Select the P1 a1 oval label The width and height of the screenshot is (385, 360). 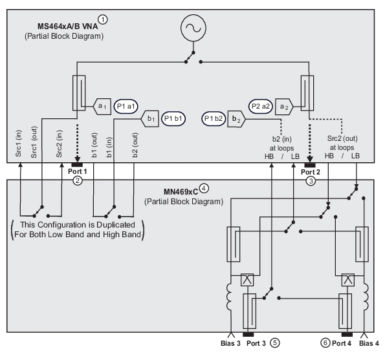tap(126, 107)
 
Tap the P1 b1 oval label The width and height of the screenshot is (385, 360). tap(173, 119)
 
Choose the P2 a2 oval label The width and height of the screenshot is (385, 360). tap(261, 107)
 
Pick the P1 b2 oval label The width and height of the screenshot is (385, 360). tap(214, 119)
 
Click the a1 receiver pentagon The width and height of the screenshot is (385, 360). tap(102, 107)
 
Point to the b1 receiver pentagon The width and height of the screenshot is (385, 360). tap(149, 119)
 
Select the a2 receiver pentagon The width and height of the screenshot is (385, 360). tap(284, 107)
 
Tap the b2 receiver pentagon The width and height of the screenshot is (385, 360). tap(236, 119)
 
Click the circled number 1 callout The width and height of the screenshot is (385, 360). tap(103, 19)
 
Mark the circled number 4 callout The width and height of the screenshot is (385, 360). tap(204, 188)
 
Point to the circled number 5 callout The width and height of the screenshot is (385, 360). tap(275, 343)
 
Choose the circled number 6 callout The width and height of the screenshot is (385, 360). tap(325, 343)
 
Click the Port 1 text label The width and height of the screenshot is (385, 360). tap(78, 171)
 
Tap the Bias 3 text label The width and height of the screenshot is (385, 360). tap(230, 343)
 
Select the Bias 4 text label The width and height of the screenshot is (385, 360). tap(369, 343)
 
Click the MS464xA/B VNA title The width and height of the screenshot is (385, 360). tap(67, 26)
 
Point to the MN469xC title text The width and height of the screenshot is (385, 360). tap(181, 192)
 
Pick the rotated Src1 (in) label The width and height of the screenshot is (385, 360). tap(18, 143)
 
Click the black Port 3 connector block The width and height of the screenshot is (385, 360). tap(248, 335)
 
